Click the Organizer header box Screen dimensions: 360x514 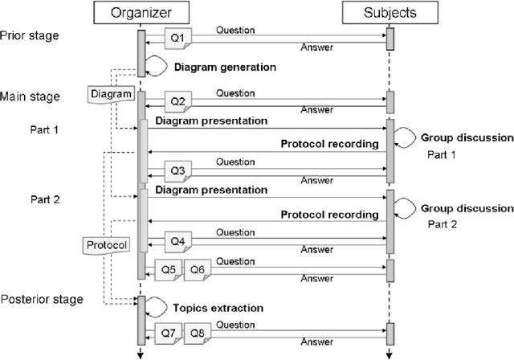tap(141, 13)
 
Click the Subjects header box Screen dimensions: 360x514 tap(390, 13)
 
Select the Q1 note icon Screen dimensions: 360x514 tap(177, 38)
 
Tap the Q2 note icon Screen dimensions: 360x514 tap(177, 100)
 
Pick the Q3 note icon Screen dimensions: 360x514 tap(177, 170)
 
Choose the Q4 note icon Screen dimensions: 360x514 tap(177, 240)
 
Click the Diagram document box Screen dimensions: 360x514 tap(109, 95)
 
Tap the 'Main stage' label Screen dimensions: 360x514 tap(29, 97)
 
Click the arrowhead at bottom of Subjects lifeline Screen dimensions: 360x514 tap(390, 354)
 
